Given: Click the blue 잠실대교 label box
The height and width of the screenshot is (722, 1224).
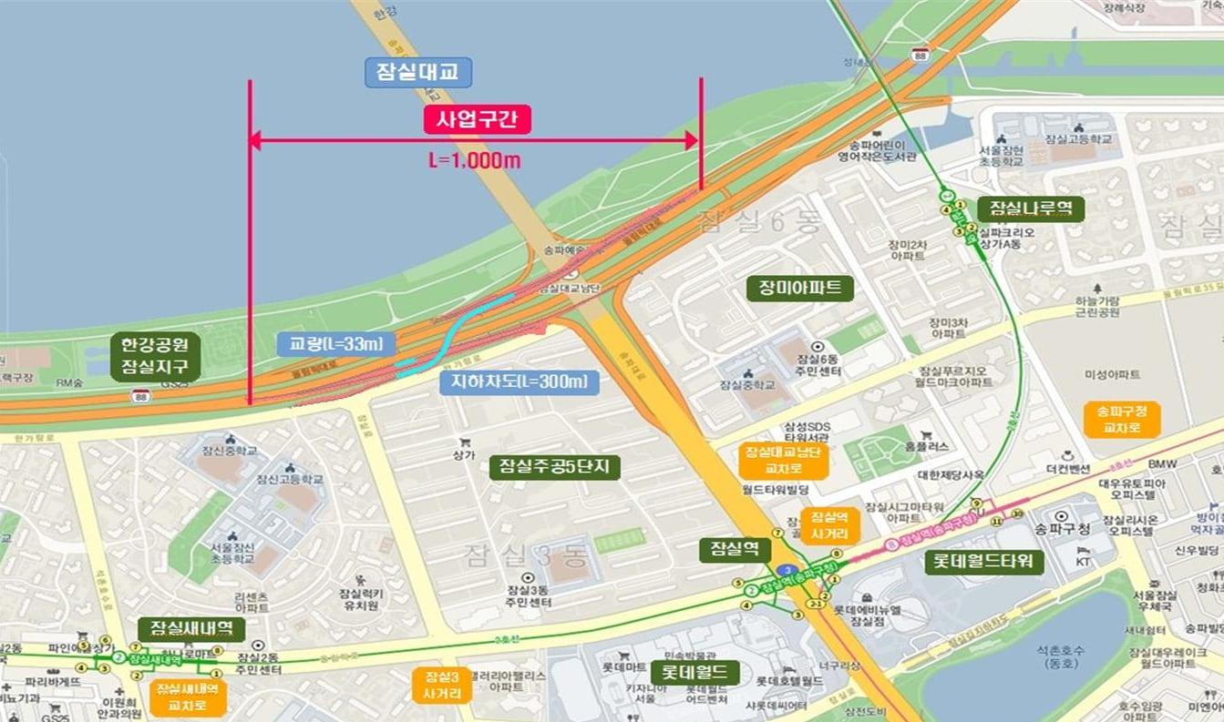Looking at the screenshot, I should click(418, 73).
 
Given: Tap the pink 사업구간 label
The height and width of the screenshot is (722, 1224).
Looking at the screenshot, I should click(477, 119).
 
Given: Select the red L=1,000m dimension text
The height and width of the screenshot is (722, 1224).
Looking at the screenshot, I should click(475, 160).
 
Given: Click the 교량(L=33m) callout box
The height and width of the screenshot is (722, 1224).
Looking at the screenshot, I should click(336, 344).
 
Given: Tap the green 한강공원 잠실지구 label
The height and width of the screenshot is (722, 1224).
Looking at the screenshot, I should click(154, 357).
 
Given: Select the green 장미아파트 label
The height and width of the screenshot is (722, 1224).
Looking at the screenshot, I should click(799, 289).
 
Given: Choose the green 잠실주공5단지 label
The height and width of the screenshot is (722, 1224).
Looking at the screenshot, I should click(554, 467).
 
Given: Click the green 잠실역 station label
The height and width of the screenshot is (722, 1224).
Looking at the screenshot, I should click(735, 549).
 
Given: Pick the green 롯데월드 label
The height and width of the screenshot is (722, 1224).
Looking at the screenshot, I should click(694, 673).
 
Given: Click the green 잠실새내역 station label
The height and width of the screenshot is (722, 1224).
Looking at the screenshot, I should click(191, 628).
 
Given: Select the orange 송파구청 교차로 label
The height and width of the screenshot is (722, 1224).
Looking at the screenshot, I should click(1116, 418).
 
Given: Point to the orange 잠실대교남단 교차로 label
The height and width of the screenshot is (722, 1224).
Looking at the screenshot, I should click(783, 462).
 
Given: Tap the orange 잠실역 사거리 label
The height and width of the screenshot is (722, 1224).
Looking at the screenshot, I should click(829, 524).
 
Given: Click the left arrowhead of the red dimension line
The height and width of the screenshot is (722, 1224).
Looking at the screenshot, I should click(256, 140).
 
